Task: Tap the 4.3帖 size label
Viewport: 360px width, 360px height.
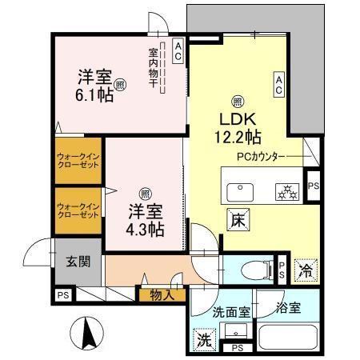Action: [145, 229]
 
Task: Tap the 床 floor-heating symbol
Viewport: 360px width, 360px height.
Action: [238, 218]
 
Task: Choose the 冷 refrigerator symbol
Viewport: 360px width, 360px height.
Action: [305, 270]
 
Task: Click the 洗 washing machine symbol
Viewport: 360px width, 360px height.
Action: [204, 339]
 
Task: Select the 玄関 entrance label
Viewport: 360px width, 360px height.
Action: [78, 261]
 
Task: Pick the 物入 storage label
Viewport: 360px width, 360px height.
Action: [162, 295]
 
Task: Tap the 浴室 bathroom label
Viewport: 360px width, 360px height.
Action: [289, 308]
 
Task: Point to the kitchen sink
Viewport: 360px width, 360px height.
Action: [240, 191]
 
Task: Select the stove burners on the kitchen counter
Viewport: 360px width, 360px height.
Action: [286, 192]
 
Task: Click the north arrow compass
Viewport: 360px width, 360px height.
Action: [90, 331]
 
